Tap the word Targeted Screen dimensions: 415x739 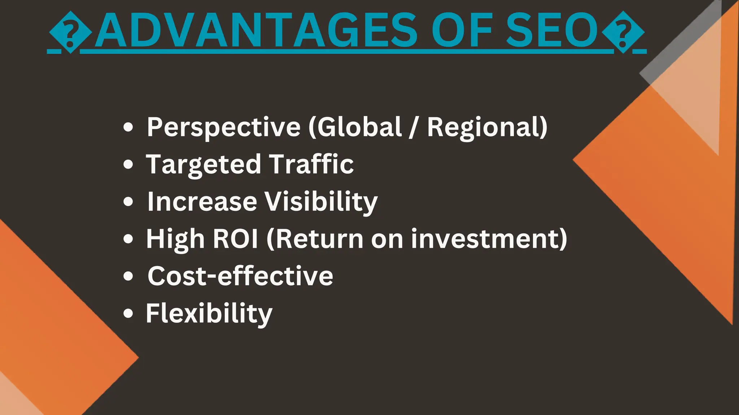(x=204, y=164)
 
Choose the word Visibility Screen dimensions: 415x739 (x=321, y=202)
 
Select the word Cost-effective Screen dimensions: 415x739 (x=240, y=276)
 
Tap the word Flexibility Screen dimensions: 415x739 (x=209, y=313)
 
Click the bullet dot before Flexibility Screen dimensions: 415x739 (x=128, y=313)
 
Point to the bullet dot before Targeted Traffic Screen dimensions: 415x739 (x=128, y=165)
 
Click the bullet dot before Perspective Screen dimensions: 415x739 (x=128, y=128)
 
